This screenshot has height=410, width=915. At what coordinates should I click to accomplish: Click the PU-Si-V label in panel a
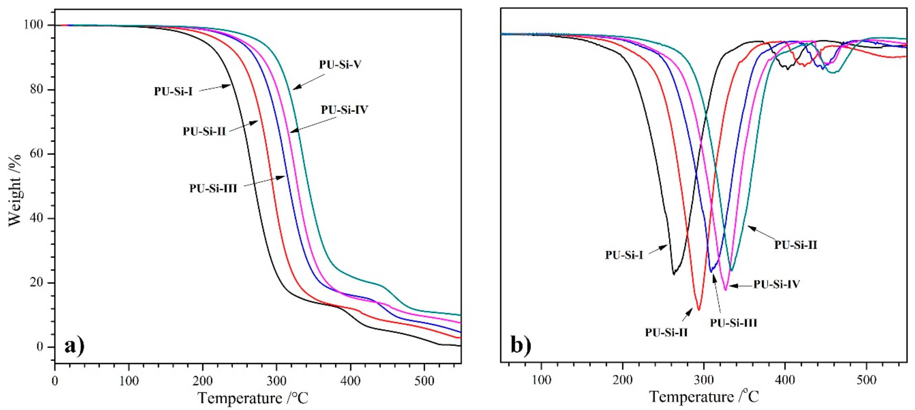(340, 65)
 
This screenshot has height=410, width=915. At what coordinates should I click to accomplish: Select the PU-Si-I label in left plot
(173, 92)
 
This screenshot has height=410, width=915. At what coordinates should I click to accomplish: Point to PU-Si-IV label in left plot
(344, 110)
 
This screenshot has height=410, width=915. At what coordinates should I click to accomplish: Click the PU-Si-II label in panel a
(204, 132)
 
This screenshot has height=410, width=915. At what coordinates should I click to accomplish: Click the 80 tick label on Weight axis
(37, 89)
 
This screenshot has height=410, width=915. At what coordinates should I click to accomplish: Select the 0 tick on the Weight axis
(40, 347)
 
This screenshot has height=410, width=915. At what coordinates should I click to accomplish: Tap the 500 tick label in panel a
(424, 381)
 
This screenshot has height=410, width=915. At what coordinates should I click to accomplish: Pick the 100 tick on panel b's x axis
(541, 380)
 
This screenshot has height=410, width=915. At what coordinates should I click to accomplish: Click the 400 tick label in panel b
(785, 380)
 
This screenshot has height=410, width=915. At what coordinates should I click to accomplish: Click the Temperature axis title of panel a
(253, 398)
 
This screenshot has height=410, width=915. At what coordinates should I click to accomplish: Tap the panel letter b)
(521, 345)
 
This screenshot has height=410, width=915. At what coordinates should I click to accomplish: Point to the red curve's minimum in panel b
(699, 310)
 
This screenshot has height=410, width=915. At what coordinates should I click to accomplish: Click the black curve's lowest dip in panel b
(673, 274)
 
